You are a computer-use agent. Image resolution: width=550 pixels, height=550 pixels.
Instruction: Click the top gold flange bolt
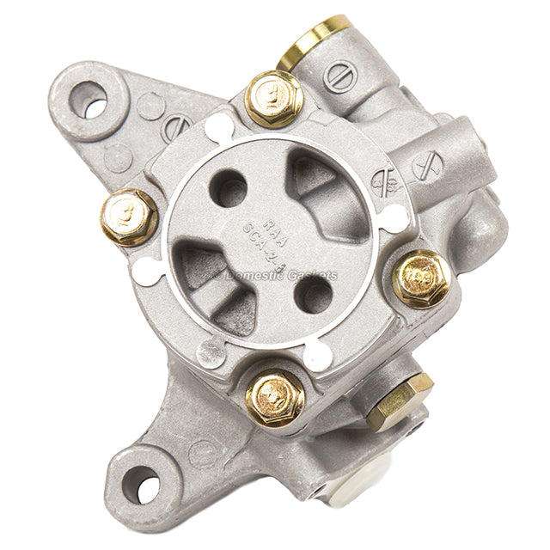272,96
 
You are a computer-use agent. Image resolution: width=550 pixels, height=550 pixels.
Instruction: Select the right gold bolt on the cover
422,278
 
